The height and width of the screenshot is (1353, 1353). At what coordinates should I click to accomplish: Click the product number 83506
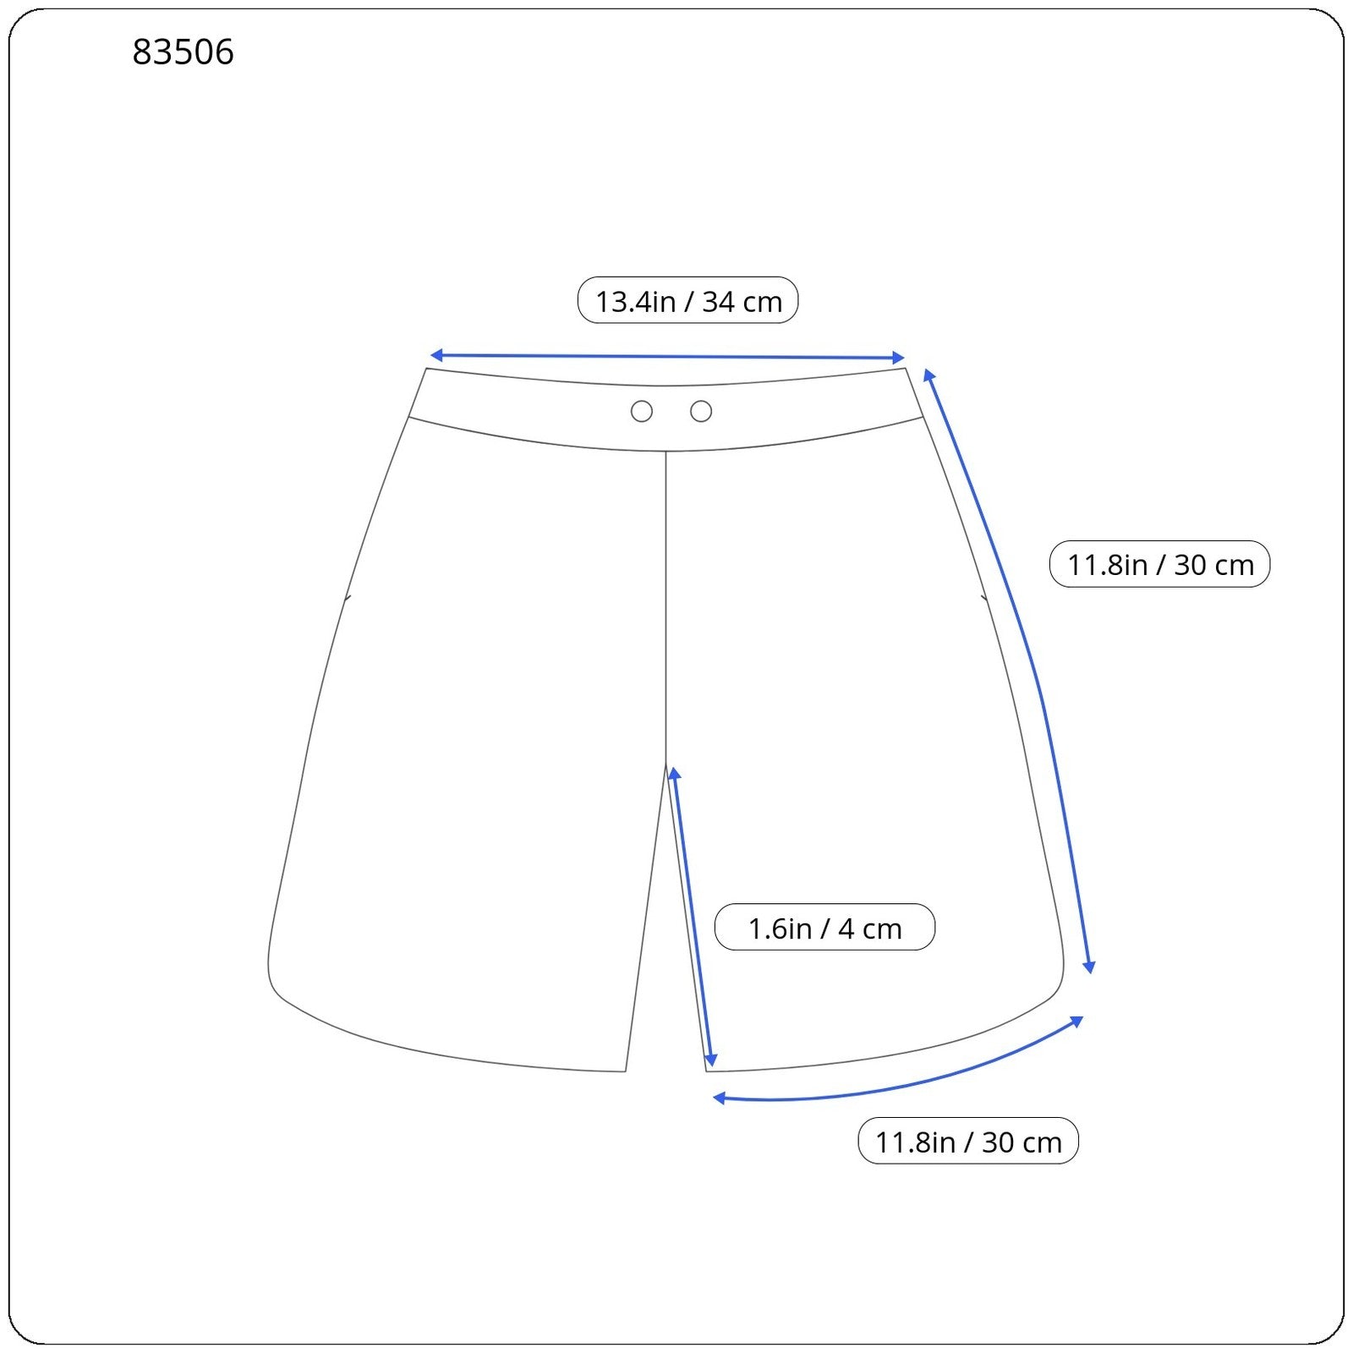click(183, 52)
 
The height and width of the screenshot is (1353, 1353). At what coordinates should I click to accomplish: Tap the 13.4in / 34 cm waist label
click(687, 300)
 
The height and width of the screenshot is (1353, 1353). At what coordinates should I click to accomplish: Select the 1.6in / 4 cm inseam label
click(824, 928)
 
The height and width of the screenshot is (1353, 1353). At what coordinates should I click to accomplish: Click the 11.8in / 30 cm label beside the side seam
click(1159, 564)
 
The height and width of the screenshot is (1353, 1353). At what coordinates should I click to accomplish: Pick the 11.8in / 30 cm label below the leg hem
click(968, 1141)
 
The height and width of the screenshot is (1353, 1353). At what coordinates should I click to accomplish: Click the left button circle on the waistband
click(642, 412)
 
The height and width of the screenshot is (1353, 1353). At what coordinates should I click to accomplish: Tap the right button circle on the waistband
click(701, 412)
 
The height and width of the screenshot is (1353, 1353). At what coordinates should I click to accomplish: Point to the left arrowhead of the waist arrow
click(436, 355)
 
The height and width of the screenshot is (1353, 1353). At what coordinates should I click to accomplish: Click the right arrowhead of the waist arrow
click(899, 358)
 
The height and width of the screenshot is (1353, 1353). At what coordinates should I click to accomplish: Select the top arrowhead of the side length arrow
click(928, 375)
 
